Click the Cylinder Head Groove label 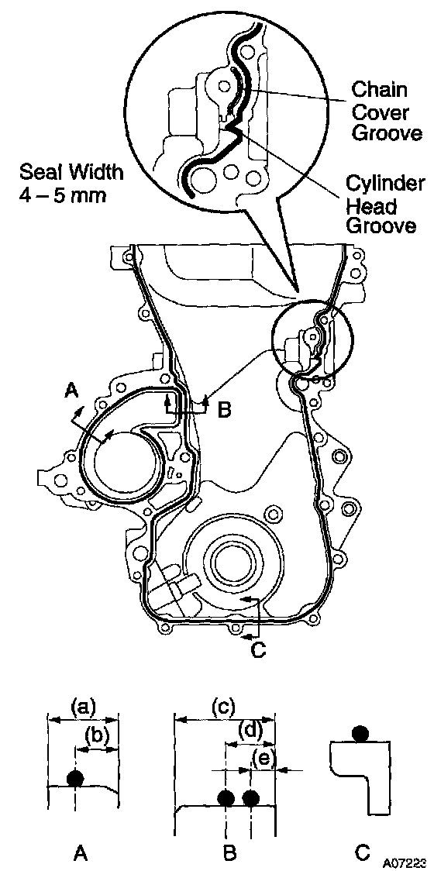[384, 205]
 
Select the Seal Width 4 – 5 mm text [71, 184]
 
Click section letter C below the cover [258, 649]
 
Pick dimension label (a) [84, 706]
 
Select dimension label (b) [98, 737]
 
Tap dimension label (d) [250, 731]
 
